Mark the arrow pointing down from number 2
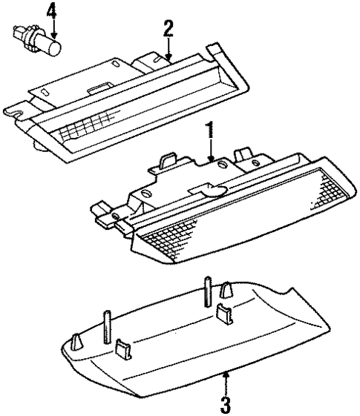pyautogui.click(x=168, y=49)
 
